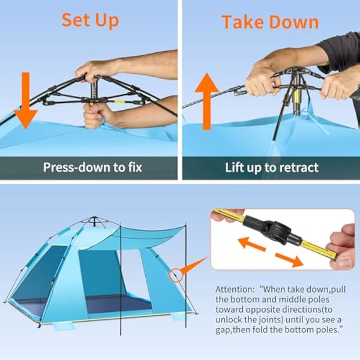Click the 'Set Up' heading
[x=90, y=19]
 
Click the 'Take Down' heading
[x=269, y=22]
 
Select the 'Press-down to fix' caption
[x=92, y=167]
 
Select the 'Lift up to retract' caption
[x=271, y=167]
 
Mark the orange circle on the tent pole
[x=175, y=274]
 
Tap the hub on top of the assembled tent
[x=92, y=220]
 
